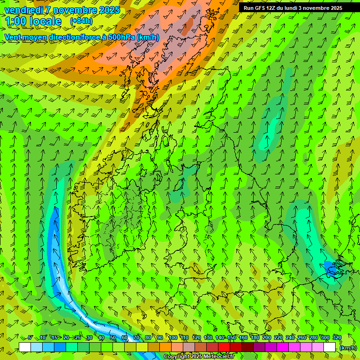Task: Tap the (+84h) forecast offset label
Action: coord(81,21)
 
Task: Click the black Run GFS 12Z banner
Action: coord(299,7)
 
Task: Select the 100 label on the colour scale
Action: coord(173,337)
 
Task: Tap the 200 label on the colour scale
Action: coord(267,337)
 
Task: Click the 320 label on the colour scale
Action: coord(337,337)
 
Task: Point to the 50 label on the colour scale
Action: coord(113,337)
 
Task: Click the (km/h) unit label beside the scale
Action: coord(348,347)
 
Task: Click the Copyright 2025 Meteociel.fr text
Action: coord(199,357)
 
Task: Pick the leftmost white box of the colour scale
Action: coord(25,347)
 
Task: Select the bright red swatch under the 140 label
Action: coord(224,347)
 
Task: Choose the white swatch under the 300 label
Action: coord(330,347)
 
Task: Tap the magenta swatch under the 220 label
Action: coord(283,347)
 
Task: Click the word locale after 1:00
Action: coord(47,21)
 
